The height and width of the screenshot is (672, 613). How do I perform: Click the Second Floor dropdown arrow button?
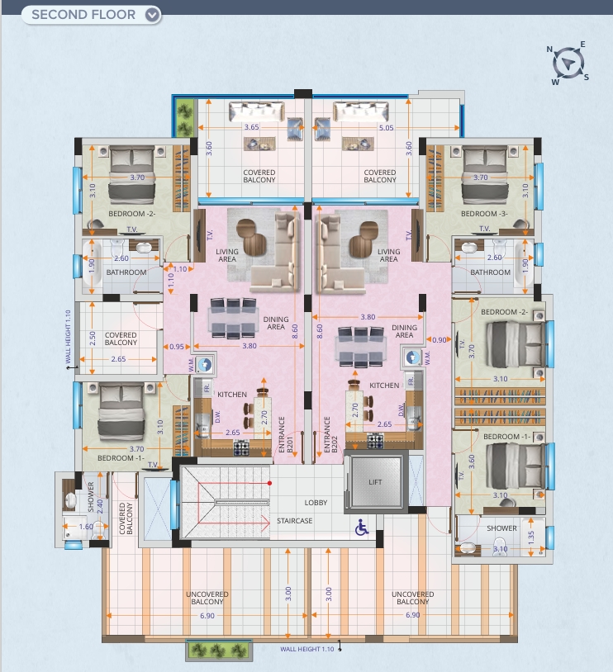pyautogui.click(x=152, y=15)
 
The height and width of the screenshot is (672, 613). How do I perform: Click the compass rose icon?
pyautogui.click(x=568, y=64)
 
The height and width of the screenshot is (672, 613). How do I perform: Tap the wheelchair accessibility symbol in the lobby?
pyautogui.click(x=362, y=528)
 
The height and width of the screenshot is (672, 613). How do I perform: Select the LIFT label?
pyautogui.click(x=375, y=482)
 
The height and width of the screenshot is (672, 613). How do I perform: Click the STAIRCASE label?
pyautogui.click(x=295, y=521)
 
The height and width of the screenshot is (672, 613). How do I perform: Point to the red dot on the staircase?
pyautogui.click(x=269, y=483)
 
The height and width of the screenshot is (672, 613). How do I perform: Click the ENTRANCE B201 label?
pyautogui.click(x=286, y=434)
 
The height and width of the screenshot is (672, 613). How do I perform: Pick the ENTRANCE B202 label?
pyautogui.click(x=330, y=434)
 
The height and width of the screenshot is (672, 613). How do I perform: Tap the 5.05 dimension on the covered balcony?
pyautogui.click(x=386, y=128)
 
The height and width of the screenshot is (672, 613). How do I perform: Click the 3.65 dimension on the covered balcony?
pyautogui.click(x=252, y=127)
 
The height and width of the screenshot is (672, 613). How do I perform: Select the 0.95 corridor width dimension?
pyautogui.click(x=176, y=346)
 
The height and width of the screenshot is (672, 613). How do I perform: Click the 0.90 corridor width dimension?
pyautogui.click(x=440, y=340)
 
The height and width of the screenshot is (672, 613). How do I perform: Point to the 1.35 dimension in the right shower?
pyautogui.click(x=531, y=537)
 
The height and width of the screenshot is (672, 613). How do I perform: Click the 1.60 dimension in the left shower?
pyautogui.click(x=86, y=526)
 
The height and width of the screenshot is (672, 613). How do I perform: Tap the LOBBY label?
pyautogui.click(x=316, y=502)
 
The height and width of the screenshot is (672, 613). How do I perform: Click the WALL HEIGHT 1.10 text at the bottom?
pyautogui.click(x=307, y=649)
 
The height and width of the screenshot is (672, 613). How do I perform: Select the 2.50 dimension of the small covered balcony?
pyautogui.click(x=93, y=338)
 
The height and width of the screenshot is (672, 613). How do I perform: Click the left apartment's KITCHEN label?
pyautogui.click(x=232, y=395)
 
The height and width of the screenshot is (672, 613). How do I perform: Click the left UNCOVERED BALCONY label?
pyautogui.click(x=207, y=598)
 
